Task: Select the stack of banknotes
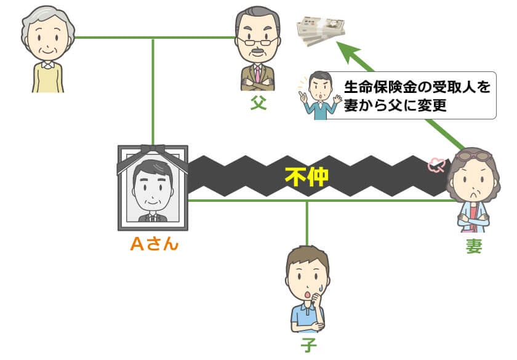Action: click(x=321, y=30)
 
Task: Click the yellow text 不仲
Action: click(x=307, y=177)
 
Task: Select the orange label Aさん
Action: click(x=154, y=244)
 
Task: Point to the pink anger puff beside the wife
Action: click(x=438, y=165)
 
